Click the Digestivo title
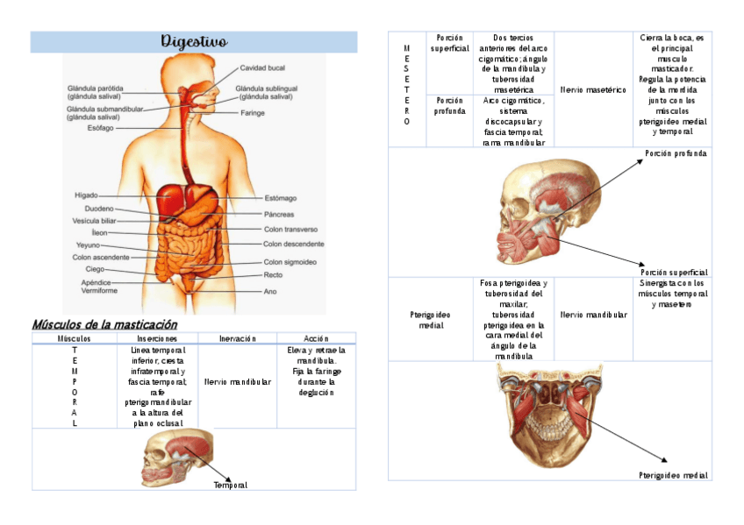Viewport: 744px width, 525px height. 194,42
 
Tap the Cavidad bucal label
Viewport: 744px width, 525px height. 263,67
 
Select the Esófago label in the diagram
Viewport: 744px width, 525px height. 100,128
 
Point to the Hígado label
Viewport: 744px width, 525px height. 86,195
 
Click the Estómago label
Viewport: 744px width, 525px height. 280,198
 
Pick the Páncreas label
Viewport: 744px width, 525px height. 278,214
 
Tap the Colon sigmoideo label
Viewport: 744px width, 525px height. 290,262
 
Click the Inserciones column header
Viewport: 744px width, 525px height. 157,338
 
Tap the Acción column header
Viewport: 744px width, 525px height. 316,338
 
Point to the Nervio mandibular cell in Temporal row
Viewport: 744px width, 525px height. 237,382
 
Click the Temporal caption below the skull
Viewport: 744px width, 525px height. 231,485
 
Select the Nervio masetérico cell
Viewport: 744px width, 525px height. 593,89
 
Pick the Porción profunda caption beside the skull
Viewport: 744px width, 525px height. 676,153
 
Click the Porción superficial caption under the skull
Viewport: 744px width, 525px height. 674,273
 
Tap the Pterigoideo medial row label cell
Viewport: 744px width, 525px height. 430,319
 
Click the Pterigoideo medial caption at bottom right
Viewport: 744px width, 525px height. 673,475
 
